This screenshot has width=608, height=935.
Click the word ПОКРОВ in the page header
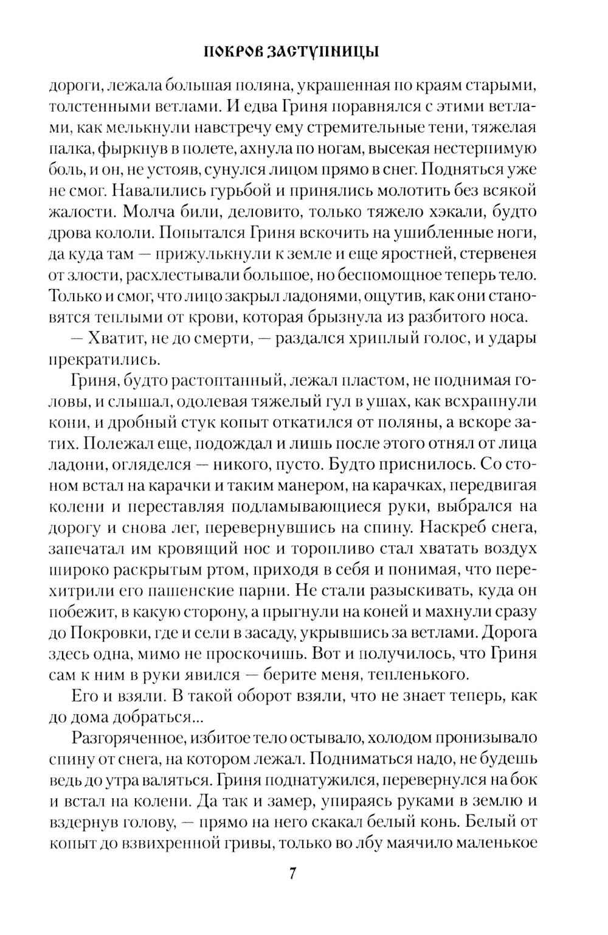tap(230, 52)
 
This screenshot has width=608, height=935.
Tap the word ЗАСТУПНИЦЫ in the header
tap(325, 52)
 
